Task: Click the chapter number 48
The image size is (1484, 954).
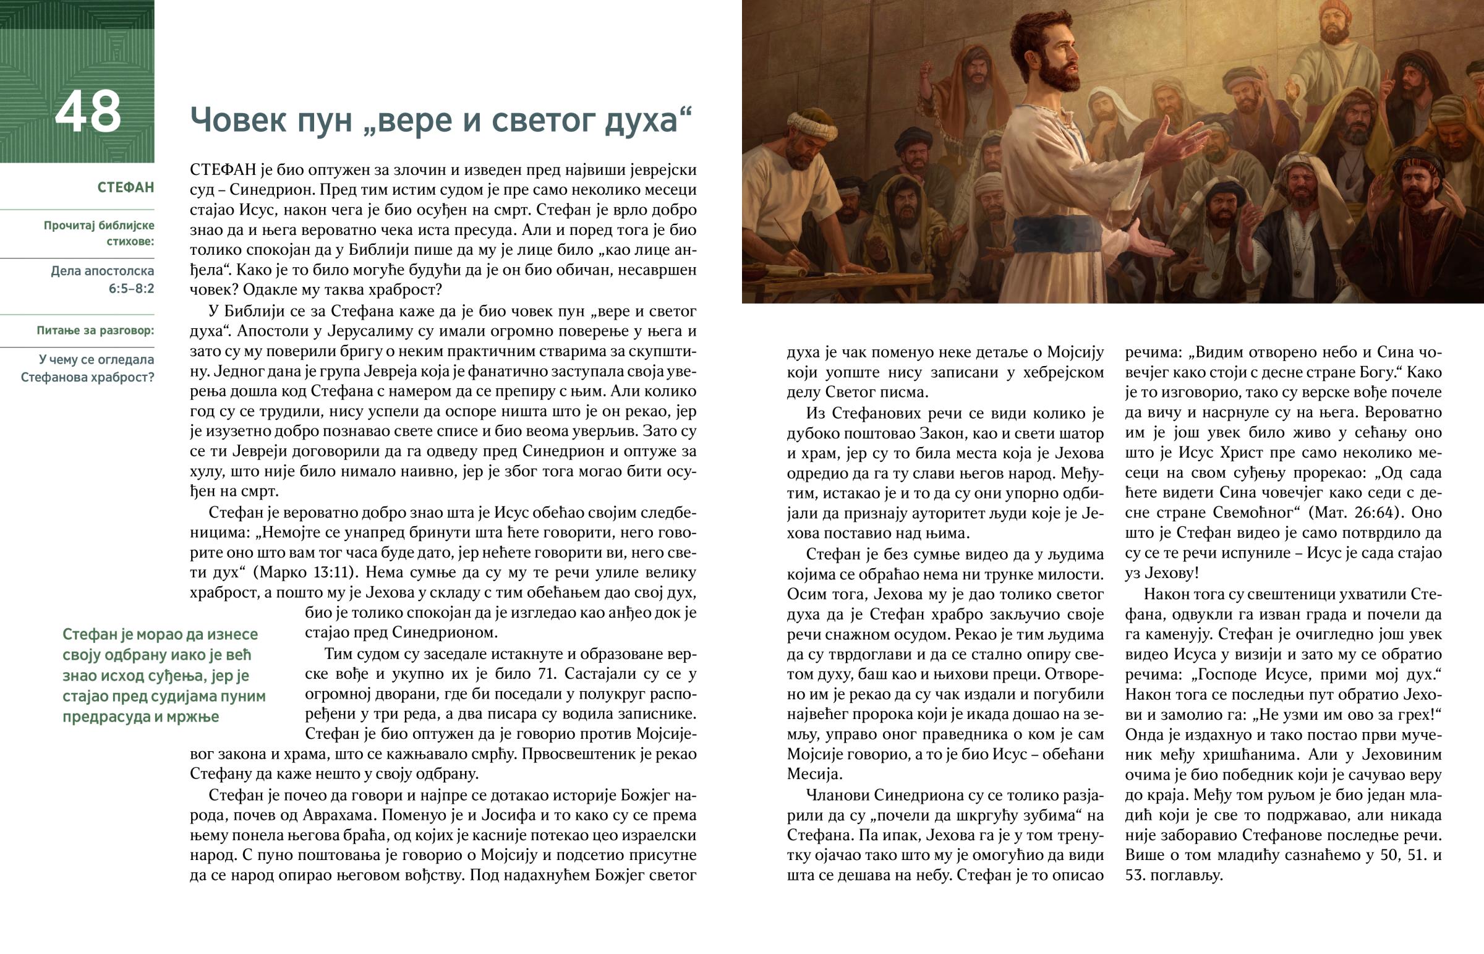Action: coord(88,112)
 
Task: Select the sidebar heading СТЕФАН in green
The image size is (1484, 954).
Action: coord(126,188)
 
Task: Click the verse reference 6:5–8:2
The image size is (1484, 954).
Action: coord(131,289)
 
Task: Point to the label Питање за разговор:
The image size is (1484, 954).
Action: coord(95,331)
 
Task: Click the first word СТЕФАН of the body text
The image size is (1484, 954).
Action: coord(218,170)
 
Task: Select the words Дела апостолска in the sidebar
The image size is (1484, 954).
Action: coord(103,271)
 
